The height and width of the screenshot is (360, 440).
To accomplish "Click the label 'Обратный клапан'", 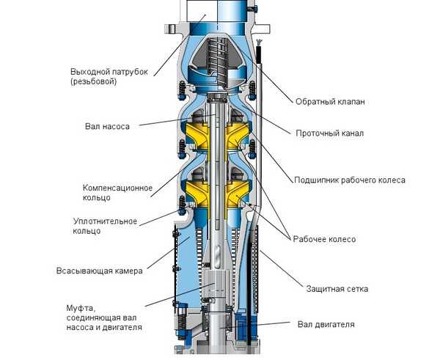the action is click(x=330, y=101).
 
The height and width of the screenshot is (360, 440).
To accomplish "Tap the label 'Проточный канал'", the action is click(x=330, y=133).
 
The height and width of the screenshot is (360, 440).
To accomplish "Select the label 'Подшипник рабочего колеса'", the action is click(x=350, y=180).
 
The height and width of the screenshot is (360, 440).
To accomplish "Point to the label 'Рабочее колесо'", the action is click(x=324, y=239).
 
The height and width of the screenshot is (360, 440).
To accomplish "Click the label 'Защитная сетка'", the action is click(x=337, y=289).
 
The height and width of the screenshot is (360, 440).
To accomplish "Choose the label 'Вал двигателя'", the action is click(x=326, y=324).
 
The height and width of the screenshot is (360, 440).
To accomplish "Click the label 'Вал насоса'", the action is click(x=107, y=126).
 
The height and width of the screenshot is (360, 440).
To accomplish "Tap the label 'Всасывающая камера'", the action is click(x=100, y=271).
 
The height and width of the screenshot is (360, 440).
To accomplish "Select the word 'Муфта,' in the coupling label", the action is click(x=81, y=308).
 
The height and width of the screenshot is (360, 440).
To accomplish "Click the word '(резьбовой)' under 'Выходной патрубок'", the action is click(x=93, y=81).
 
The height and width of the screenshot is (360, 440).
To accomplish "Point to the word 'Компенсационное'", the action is click(x=117, y=188).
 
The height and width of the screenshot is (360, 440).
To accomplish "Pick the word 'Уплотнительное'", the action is click(x=105, y=221).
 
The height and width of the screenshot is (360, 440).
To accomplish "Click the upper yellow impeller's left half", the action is click(x=196, y=136).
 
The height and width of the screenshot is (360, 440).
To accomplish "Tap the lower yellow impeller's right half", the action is click(x=238, y=194).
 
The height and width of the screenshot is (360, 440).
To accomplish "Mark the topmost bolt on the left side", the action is click(x=182, y=90).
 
